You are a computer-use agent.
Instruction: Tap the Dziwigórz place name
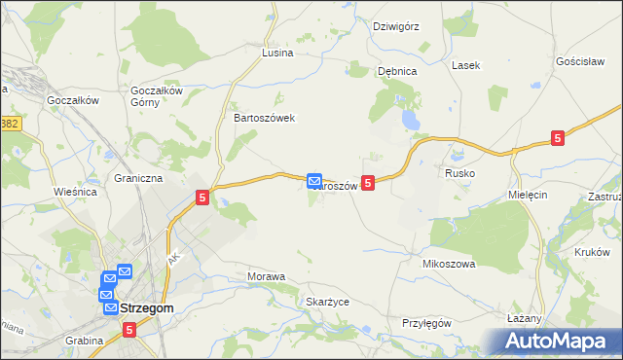coord(396,26)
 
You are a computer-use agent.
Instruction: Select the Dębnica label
coord(397,71)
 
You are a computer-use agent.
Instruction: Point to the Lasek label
coord(464,65)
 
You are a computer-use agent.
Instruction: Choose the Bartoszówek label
coord(264,118)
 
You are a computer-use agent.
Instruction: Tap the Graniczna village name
coord(138,179)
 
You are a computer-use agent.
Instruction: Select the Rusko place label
coord(459,173)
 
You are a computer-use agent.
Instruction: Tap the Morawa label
coord(267,277)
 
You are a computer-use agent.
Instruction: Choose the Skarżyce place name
coord(327,303)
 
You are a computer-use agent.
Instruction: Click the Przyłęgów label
coord(427,323)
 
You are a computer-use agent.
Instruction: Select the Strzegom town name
coord(148,308)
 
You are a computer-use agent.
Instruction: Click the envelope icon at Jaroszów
coord(314,181)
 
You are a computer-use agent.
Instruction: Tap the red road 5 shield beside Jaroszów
coord(368,182)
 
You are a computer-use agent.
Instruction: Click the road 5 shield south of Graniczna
coord(202,198)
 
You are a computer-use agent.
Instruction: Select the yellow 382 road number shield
coord(10,125)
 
